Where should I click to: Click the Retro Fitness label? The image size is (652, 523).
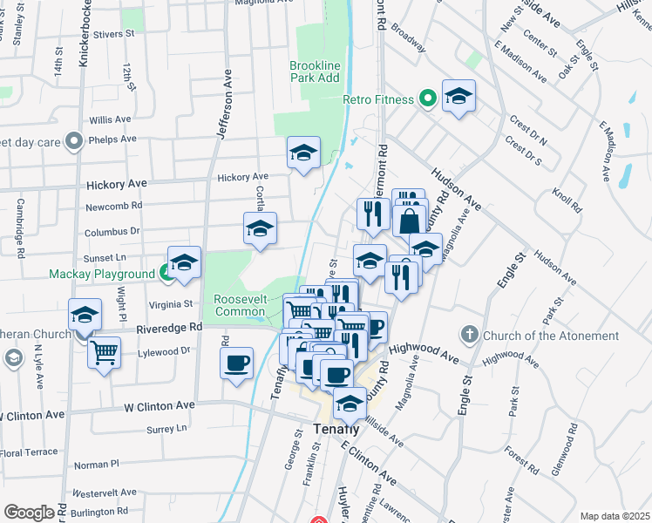click(377, 99)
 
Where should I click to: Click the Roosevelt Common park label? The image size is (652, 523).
click(239, 305)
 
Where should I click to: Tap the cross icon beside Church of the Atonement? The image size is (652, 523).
click(469, 335)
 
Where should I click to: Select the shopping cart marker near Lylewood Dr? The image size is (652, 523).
click(104, 352)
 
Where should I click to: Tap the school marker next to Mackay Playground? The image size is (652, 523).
click(184, 262)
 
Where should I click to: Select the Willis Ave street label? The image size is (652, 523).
click(110, 119)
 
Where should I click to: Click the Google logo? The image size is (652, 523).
click(29, 513)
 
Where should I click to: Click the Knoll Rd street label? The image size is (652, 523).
click(567, 200)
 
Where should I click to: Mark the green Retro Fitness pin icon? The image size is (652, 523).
click(426, 99)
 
